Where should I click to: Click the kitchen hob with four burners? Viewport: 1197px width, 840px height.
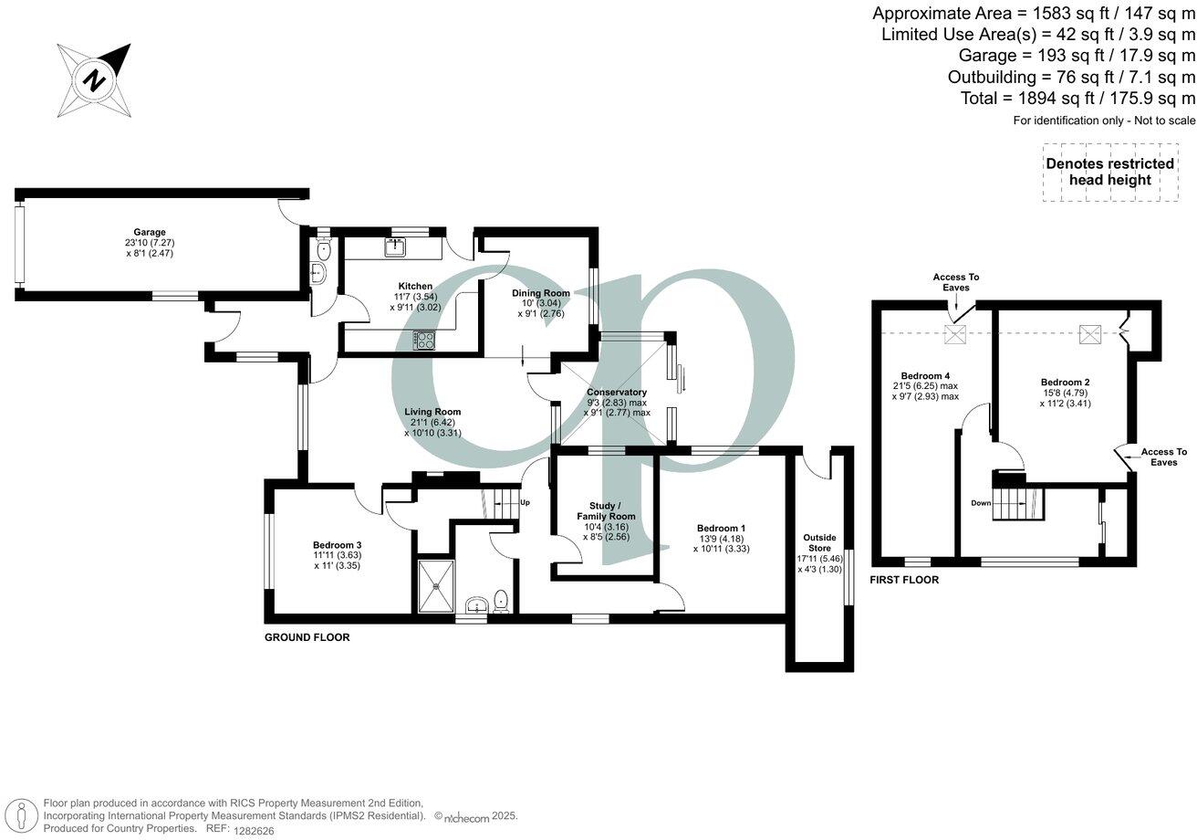425,340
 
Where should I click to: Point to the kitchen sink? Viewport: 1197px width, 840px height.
398,246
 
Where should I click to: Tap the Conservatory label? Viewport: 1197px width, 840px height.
617,393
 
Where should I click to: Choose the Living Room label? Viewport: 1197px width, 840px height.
432,412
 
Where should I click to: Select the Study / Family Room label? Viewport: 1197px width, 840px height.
606,511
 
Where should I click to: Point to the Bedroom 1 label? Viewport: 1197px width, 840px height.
721,528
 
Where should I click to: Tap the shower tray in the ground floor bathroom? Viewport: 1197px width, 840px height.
435,585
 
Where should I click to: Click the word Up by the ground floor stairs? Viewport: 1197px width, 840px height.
525,502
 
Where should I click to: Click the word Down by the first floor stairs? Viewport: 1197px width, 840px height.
980,503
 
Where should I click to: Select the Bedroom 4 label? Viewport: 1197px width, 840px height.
925,375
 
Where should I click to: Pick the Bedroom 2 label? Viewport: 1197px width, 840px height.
1065,382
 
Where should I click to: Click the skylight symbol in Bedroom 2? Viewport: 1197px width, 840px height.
1090,334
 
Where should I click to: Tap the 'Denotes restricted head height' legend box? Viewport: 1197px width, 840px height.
1109,172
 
